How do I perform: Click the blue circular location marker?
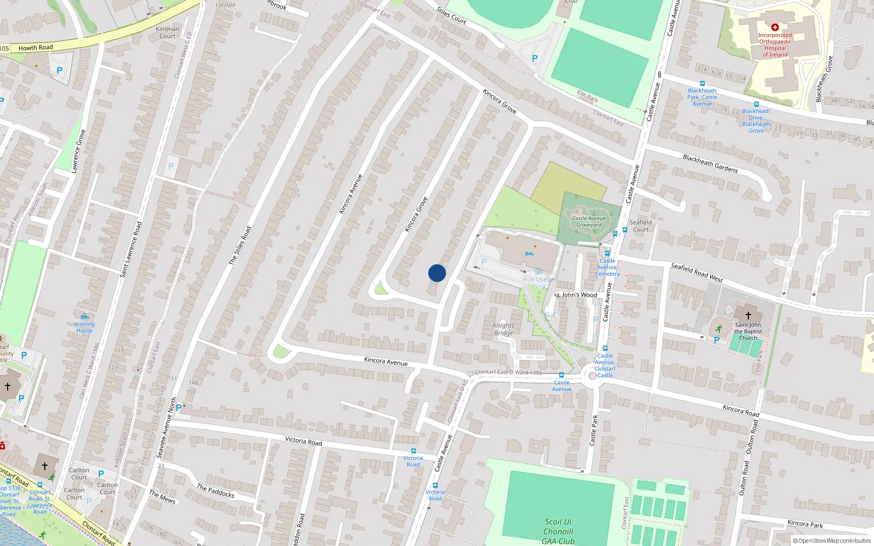tap(437, 273)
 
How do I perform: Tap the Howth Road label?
tap(36, 48)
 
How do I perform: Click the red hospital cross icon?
tap(775, 27)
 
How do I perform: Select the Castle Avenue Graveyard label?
tap(589, 222)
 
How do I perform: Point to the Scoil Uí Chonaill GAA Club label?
tap(558, 531)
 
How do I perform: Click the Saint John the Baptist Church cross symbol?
tap(748, 315)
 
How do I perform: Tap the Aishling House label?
tap(85, 327)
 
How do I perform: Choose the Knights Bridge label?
tap(503, 329)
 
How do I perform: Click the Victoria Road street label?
tap(303, 441)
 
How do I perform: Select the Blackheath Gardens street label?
tap(710, 164)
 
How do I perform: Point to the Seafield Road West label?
tap(696, 272)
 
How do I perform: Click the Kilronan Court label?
tap(167, 33)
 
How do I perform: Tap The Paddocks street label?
tap(216, 491)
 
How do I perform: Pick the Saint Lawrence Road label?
tap(131, 250)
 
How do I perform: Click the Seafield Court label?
tap(641, 226)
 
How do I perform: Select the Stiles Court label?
tap(451, 16)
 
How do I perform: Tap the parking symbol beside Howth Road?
tap(60, 70)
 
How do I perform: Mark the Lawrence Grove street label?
tap(78, 151)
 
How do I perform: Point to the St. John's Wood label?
tap(577, 295)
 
